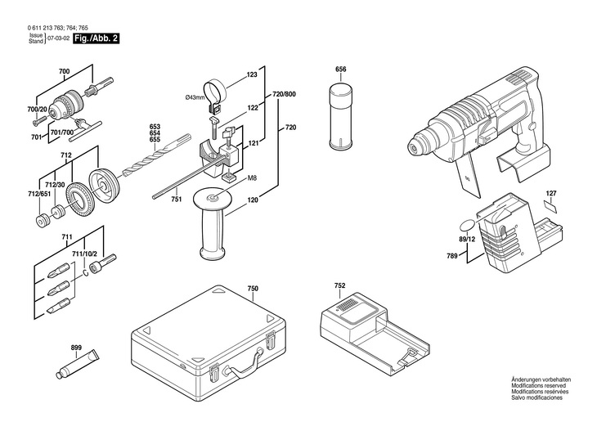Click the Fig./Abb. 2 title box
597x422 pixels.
tap(96, 38)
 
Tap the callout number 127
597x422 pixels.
tap(551, 193)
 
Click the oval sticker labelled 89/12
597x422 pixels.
tap(467, 227)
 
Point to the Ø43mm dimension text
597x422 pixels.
tap(195, 97)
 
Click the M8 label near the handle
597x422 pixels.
tap(252, 177)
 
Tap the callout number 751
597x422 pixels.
tap(175, 198)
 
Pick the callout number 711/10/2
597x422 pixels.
tap(85, 254)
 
